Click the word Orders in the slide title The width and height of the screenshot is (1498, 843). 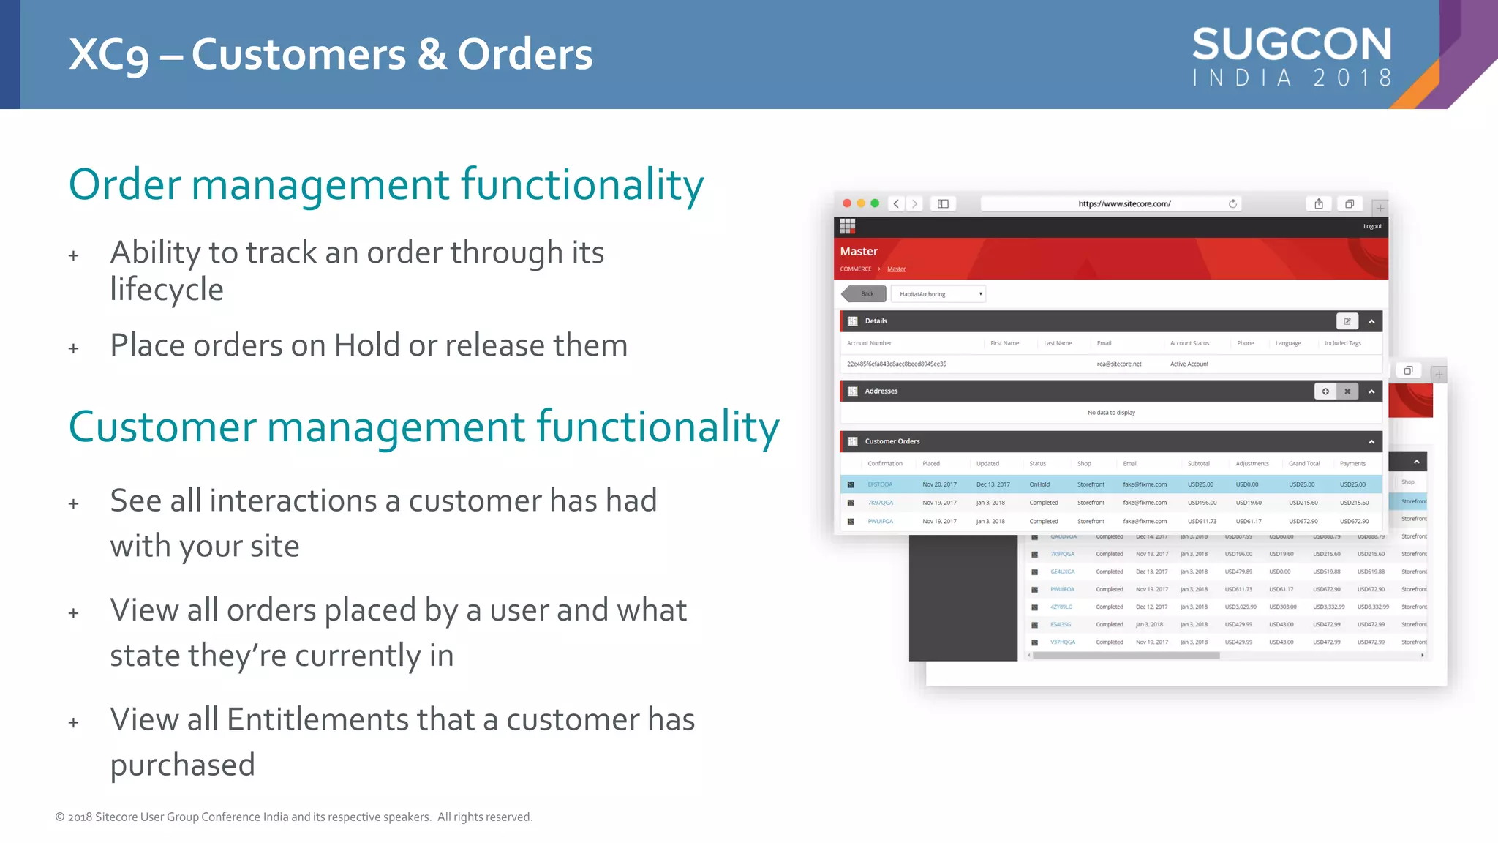[525, 54]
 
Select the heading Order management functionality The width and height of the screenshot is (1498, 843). [385, 184]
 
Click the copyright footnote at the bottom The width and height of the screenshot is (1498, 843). [293, 817]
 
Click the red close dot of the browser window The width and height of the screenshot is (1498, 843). [847, 203]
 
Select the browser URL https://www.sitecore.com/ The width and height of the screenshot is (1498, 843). [1124, 204]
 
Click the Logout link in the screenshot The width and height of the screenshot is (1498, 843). [1372, 226]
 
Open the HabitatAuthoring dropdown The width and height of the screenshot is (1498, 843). [938, 294]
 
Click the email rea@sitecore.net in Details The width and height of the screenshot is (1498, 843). [1118, 364]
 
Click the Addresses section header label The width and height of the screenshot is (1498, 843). [881, 391]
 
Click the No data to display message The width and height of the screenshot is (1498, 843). [1111, 413]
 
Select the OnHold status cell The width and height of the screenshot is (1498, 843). [1039, 484]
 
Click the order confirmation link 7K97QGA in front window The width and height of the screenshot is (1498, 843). [880, 503]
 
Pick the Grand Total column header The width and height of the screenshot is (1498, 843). [1303, 464]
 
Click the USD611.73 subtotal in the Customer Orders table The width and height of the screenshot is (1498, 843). [1202, 522]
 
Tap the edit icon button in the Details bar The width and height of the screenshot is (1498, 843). [1347, 321]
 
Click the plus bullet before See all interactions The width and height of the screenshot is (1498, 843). [73, 504]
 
